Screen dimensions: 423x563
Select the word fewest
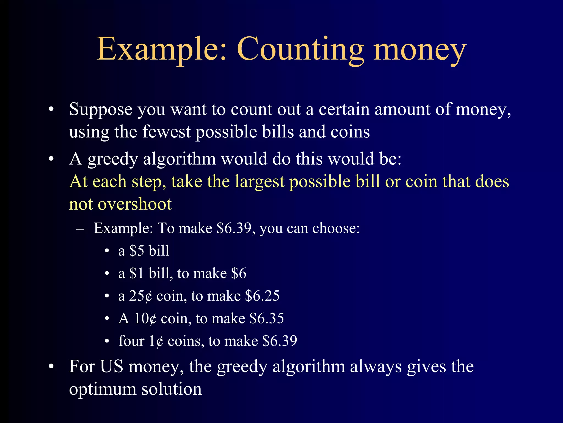point(167,132)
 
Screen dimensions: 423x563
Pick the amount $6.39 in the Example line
point(234,228)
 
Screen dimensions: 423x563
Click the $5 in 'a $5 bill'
point(137,251)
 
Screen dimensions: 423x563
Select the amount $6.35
point(267,319)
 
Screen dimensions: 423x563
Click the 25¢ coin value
point(140,296)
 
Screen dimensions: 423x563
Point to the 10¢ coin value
point(145,319)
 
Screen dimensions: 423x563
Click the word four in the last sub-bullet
point(131,341)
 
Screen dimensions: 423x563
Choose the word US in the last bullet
point(112,367)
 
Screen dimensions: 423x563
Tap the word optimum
point(103,389)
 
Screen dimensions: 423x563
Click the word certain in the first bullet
point(344,110)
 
